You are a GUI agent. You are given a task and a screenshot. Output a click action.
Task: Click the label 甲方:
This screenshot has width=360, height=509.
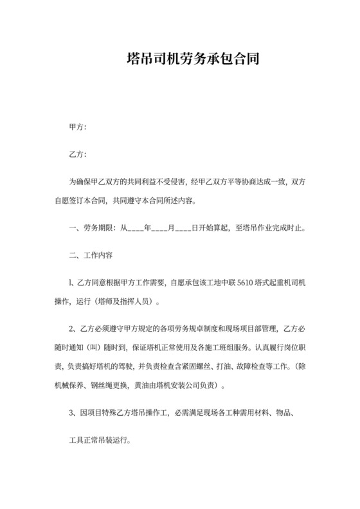pyautogui.click(x=77, y=127)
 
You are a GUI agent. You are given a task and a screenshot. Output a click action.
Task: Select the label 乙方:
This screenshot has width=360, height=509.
pyautogui.click(x=77, y=155)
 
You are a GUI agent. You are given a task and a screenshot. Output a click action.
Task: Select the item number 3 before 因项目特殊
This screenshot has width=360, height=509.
pyautogui.click(x=71, y=414)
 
